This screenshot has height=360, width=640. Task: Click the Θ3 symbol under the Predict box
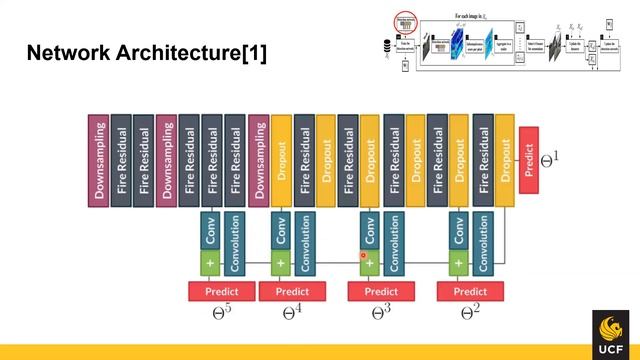[379, 312]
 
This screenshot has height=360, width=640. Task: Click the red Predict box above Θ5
[221, 291]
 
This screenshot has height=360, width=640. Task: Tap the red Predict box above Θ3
[380, 291]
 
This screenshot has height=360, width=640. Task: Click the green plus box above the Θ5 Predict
[210, 264]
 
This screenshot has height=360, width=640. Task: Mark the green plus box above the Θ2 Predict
[459, 264]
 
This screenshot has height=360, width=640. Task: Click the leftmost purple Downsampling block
[99, 160]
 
